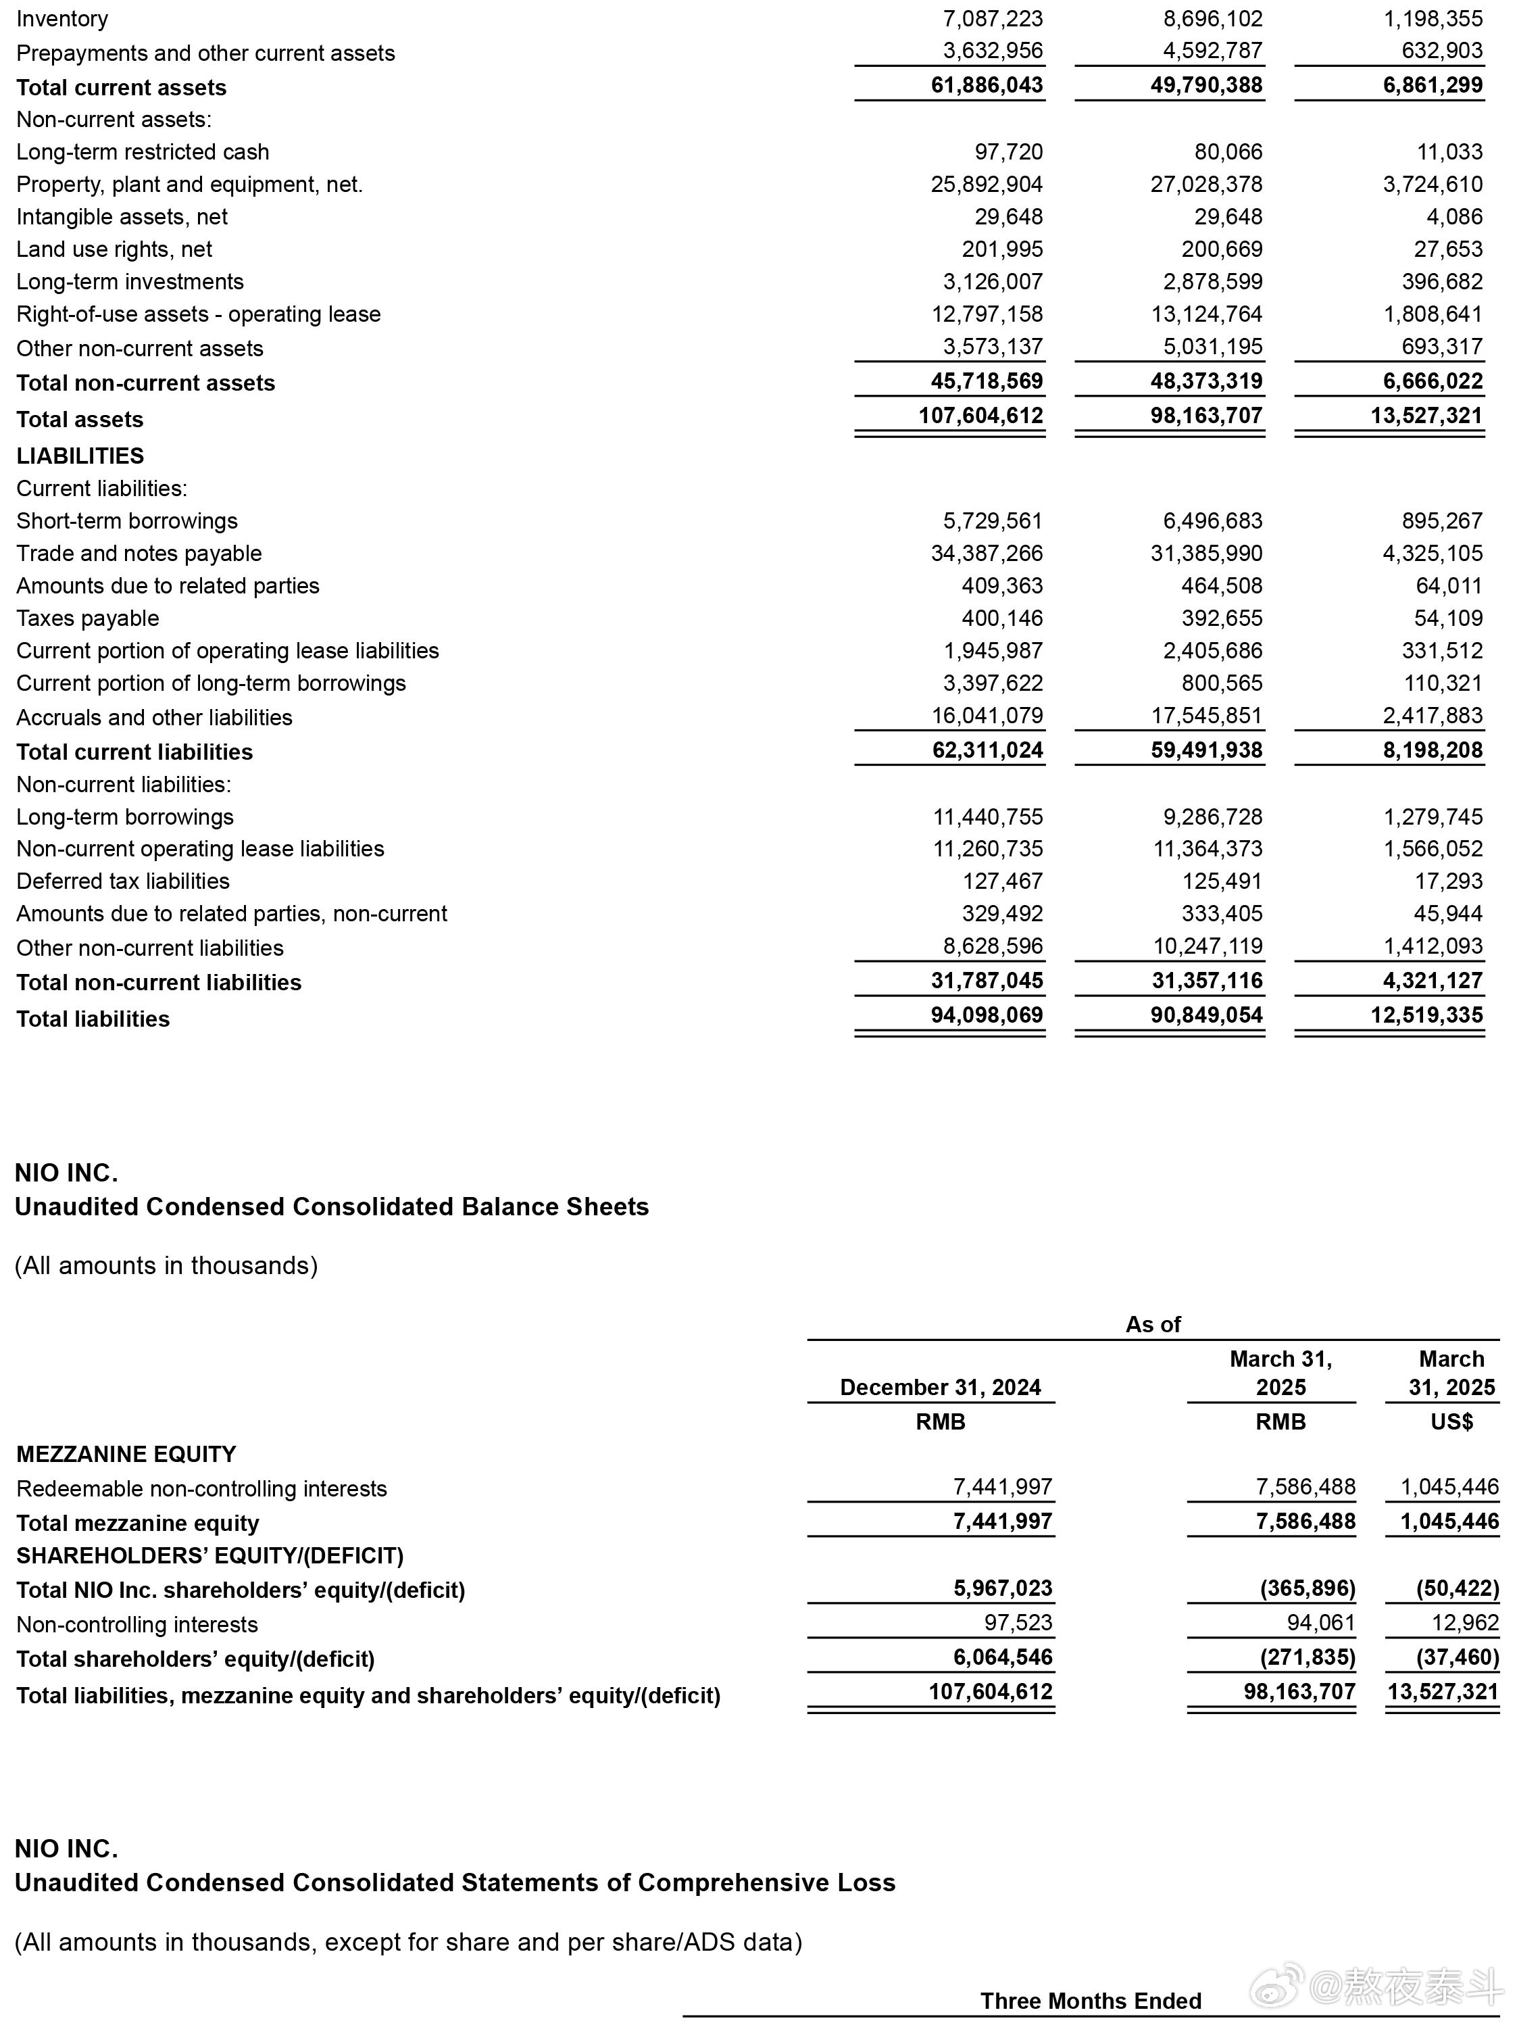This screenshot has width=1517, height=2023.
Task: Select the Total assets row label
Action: (x=80, y=420)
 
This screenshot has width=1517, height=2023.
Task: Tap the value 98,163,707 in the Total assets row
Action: (x=1206, y=416)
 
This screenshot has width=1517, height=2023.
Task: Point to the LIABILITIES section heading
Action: (x=80, y=456)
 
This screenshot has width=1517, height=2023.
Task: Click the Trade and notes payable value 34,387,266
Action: (x=987, y=554)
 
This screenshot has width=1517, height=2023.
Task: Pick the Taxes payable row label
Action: (x=88, y=618)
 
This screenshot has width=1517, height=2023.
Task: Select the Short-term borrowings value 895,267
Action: (x=1442, y=520)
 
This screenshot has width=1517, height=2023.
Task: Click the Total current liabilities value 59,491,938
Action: (x=1206, y=751)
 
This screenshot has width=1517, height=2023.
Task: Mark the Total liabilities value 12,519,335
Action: (x=1426, y=1015)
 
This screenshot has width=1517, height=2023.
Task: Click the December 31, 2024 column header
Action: (x=940, y=1388)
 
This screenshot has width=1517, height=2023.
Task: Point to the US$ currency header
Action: (x=1451, y=1422)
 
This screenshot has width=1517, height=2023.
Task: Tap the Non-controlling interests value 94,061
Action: (x=1320, y=1624)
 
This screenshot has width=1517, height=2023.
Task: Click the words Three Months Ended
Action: (x=1091, y=2001)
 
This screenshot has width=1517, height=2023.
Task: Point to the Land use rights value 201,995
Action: (x=1002, y=249)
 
